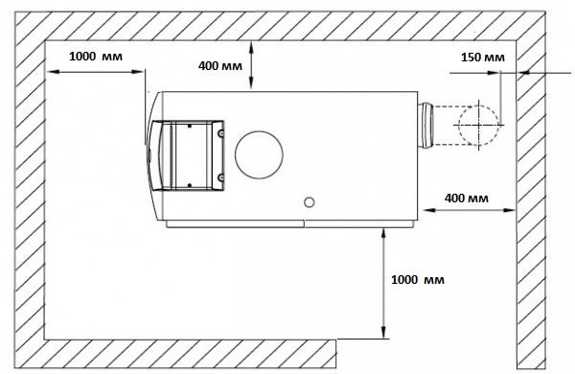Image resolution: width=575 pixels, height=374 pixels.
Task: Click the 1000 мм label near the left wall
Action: click(x=96, y=57)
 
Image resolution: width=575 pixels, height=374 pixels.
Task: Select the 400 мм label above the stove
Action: click(x=220, y=66)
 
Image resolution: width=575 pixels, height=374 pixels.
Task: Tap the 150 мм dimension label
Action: click(x=483, y=58)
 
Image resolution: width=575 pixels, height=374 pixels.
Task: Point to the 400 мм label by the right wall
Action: click(x=467, y=199)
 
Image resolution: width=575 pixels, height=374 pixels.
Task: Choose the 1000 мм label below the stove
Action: click(x=418, y=280)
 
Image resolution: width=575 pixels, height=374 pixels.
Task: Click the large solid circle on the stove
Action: click(x=259, y=155)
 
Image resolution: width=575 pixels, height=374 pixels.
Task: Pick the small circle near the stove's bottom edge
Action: click(x=310, y=202)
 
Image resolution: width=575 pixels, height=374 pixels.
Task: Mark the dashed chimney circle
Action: click(x=478, y=126)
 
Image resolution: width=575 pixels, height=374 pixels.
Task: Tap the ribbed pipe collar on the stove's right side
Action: click(x=425, y=126)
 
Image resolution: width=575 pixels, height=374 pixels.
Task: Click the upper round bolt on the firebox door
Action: click(x=220, y=134)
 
